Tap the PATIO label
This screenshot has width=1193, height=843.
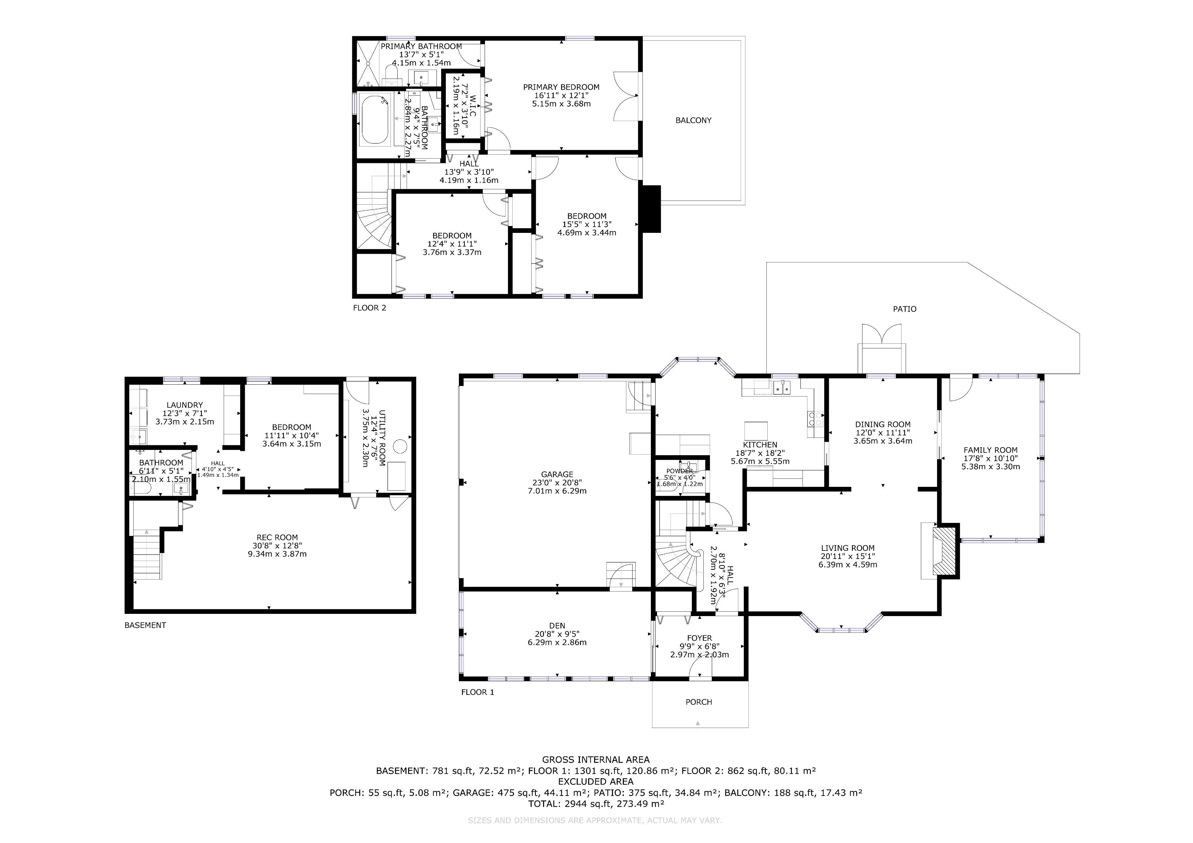(905, 309)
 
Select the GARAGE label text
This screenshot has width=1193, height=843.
(557, 474)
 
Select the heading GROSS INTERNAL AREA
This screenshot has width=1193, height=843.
(596, 760)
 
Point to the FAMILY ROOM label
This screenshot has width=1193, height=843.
(990, 450)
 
